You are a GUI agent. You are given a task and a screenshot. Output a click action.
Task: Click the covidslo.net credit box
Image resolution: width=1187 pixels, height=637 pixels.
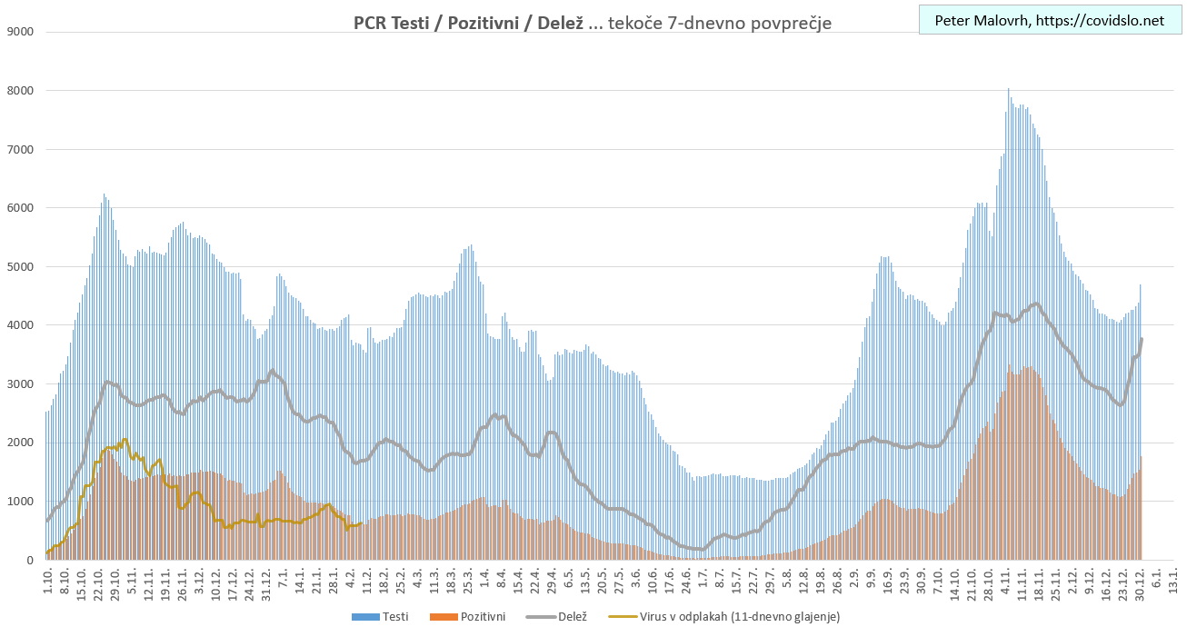pos(1048,19)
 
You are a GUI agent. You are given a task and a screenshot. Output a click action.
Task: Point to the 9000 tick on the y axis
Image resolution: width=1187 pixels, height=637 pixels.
pos(19,32)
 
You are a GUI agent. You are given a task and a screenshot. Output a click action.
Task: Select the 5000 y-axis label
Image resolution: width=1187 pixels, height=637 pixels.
pos(19,266)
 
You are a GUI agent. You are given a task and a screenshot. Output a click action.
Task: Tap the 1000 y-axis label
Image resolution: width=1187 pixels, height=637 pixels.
pos(19,502)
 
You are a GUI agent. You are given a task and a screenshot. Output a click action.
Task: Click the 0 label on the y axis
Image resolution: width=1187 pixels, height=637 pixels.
pos(29,561)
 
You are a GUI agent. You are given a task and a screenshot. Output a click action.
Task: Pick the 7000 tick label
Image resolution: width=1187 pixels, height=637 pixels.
pos(19,149)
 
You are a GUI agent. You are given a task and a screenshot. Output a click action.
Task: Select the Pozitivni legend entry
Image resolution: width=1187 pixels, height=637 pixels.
pos(475,617)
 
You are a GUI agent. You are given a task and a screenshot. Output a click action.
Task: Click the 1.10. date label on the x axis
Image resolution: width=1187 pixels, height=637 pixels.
pos(48,582)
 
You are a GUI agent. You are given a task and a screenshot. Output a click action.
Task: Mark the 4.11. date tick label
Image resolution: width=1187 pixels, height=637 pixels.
pos(1006,582)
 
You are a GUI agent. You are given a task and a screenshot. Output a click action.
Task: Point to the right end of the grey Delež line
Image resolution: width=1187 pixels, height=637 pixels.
pos(1142,339)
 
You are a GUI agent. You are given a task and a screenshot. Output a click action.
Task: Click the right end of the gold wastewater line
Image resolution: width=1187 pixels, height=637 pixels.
pos(362,523)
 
